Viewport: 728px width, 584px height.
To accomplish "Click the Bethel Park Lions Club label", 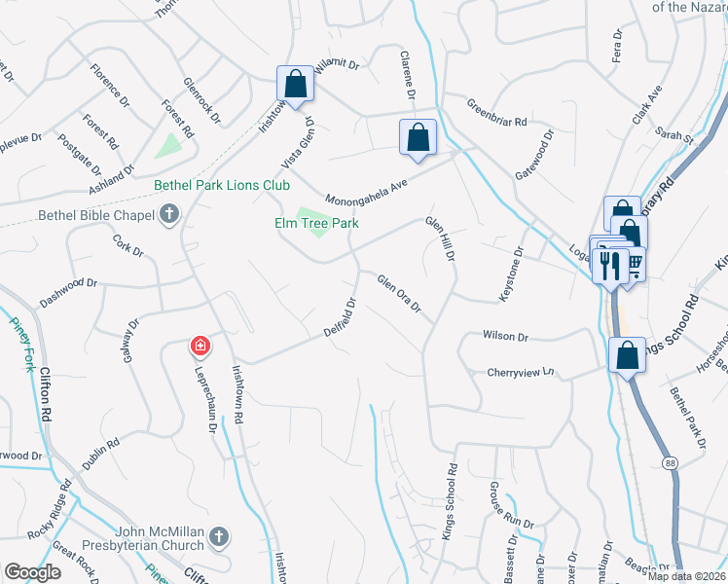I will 222,185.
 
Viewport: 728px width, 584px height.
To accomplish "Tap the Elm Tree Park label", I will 315,224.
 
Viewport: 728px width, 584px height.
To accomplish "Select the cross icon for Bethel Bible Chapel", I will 169,213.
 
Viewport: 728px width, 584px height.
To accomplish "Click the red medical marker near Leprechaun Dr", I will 200,347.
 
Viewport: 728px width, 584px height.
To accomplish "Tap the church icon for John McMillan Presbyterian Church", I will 220,535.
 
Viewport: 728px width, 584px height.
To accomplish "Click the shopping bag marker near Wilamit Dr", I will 295,84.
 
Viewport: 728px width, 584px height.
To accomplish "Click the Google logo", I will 33,572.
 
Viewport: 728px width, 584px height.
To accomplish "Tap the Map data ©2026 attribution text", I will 687,576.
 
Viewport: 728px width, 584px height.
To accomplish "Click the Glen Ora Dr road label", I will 399,293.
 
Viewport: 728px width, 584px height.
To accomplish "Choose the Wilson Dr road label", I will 505,337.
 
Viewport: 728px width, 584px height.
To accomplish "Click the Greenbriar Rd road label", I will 496,114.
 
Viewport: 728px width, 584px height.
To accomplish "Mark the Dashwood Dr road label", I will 68,288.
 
